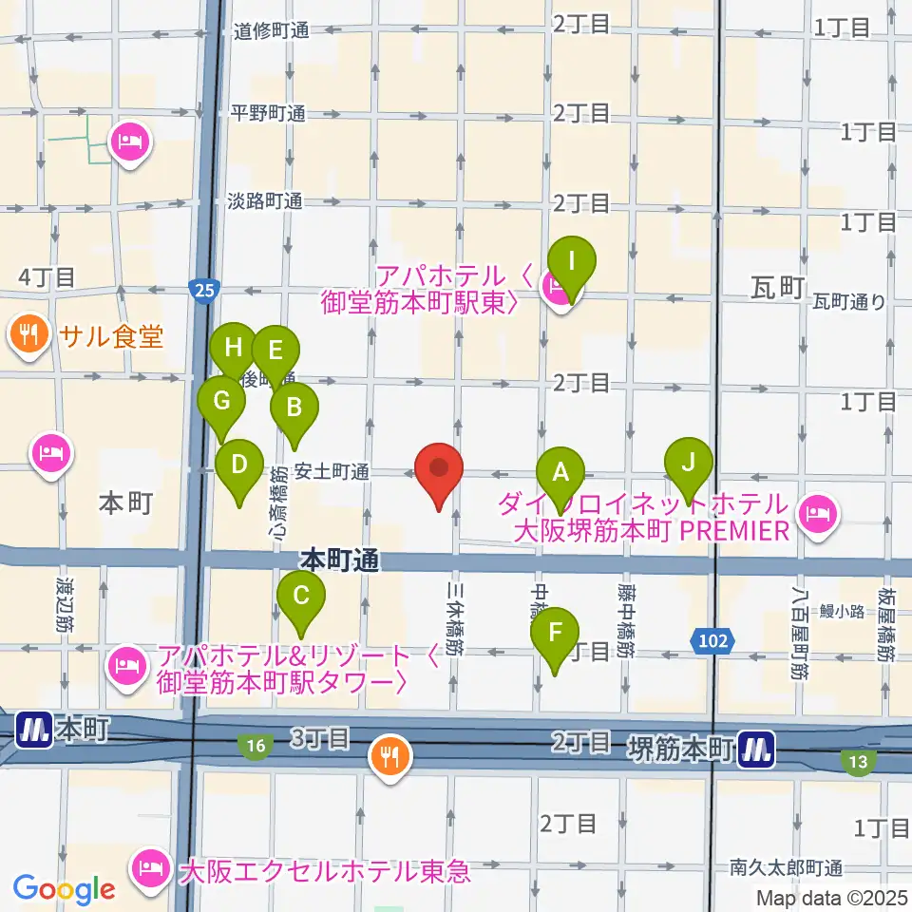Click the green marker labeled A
(560, 470)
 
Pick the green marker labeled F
(556, 632)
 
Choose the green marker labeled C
(301, 597)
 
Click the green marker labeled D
(239, 465)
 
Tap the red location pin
(439, 469)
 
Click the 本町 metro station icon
(33, 730)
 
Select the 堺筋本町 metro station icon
(757, 750)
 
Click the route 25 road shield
(200, 289)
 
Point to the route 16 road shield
(255, 747)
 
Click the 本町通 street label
(341, 560)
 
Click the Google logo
(65, 889)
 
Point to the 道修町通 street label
(272, 30)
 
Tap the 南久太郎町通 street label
(787, 866)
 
